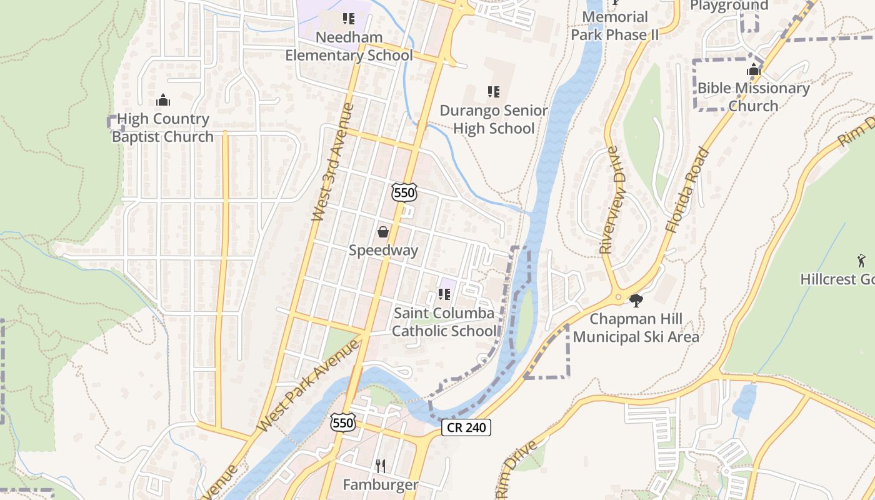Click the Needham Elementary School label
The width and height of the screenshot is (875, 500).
(349, 46)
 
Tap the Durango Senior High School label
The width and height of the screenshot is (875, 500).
(494, 119)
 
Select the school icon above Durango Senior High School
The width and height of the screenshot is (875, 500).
(494, 92)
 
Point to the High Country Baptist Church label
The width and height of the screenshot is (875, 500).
(162, 127)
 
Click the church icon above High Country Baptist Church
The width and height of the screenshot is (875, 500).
(163, 99)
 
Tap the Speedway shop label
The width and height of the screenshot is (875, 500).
(383, 251)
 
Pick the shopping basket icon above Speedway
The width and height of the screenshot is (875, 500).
(383, 232)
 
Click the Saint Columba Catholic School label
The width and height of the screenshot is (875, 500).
(444, 322)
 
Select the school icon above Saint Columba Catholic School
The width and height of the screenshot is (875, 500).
(444, 294)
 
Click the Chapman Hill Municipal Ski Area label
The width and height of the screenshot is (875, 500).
(636, 328)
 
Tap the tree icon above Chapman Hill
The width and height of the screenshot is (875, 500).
(636, 301)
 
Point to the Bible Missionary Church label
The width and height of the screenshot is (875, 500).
(753, 97)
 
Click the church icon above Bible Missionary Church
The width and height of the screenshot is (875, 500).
(754, 69)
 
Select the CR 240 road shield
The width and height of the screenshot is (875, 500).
(466, 427)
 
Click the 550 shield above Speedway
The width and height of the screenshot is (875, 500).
(404, 192)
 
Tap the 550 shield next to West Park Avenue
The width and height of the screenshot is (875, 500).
(343, 422)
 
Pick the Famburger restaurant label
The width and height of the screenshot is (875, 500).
(380, 484)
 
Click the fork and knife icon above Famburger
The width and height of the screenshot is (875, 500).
(380, 466)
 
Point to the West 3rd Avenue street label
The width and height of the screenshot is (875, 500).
(332, 162)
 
